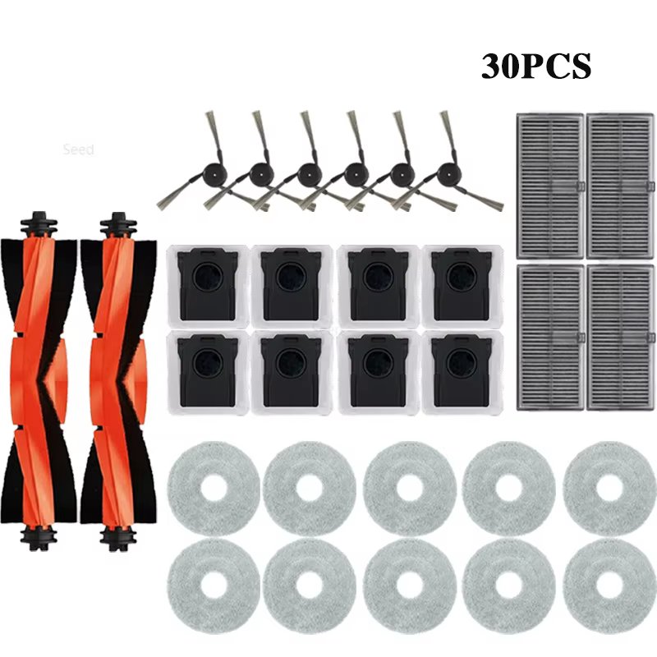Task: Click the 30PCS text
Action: click(x=536, y=67)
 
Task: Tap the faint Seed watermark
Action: click(x=78, y=149)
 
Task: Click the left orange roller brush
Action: click(x=39, y=381)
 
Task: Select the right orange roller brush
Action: click(x=118, y=381)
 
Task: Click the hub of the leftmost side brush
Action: click(x=214, y=172)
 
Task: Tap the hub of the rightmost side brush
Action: click(x=448, y=172)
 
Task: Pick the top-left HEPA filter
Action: click(x=550, y=186)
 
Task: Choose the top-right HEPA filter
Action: click(x=621, y=186)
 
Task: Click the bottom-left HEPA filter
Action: click(x=550, y=338)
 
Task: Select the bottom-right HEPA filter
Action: click(x=621, y=338)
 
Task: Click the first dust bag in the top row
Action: click(x=208, y=286)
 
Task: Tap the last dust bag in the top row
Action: click(x=462, y=286)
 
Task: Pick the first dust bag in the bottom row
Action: click(x=208, y=373)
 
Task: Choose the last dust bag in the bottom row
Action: click(x=462, y=373)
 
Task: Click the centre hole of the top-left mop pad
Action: click(x=214, y=489)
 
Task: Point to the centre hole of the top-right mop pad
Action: click(x=609, y=489)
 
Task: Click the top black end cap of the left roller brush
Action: click(x=39, y=225)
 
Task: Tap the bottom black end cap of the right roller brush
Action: click(x=118, y=538)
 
